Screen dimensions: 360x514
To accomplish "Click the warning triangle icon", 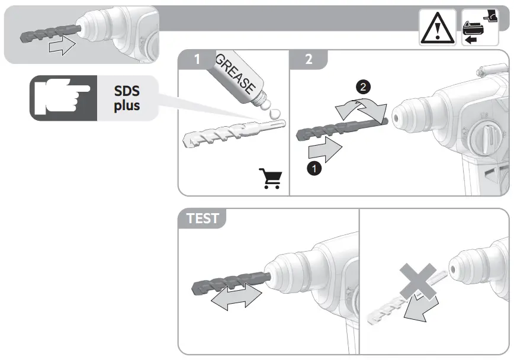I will (x=438, y=29).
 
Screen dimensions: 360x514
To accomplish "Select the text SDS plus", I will (x=127, y=98).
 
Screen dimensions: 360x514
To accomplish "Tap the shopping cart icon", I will (x=270, y=178).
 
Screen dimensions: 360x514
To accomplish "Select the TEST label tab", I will (x=203, y=218).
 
